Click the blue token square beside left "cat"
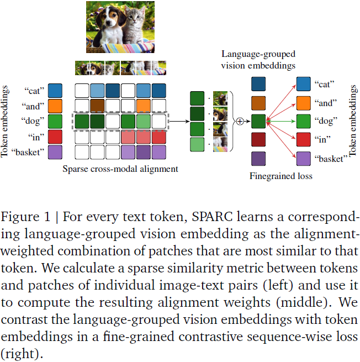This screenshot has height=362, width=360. tap(55, 90)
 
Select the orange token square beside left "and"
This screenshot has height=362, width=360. tap(55, 106)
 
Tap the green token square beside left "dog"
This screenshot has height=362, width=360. tap(55, 120)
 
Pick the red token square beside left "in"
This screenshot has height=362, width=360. tap(55, 136)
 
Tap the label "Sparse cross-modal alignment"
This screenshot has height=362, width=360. tap(120, 169)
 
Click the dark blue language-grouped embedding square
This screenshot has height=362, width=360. tap(259, 84)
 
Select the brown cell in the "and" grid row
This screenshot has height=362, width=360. tap(97, 106)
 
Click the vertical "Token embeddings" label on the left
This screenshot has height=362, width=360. tap(7, 121)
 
